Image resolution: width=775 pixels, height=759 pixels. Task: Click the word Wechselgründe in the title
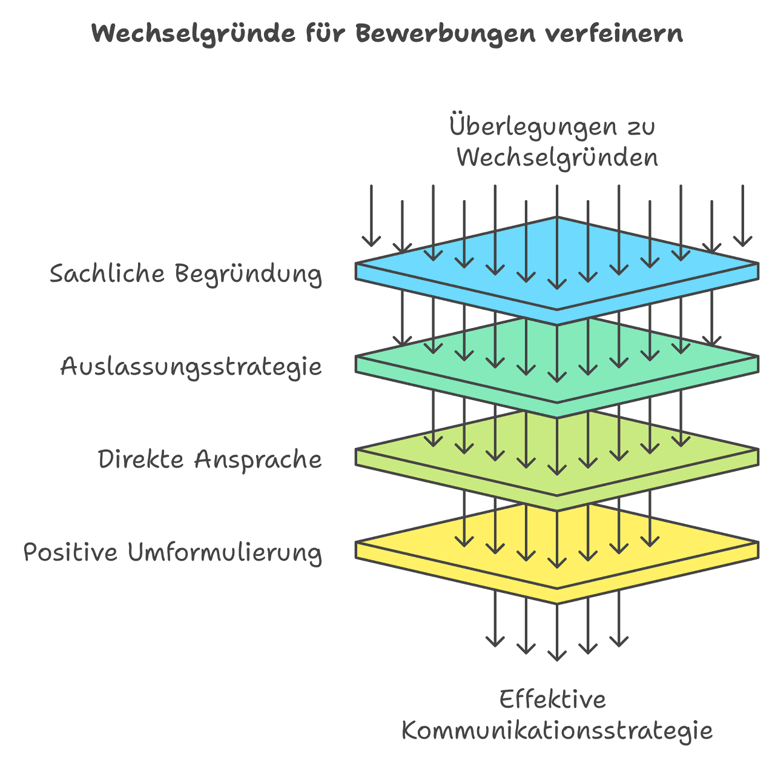tap(192, 34)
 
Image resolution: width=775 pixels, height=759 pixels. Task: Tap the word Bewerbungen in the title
tap(444, 34)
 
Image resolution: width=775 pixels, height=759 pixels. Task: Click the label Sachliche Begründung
tap(185, 274)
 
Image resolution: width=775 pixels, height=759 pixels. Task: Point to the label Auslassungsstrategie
tap(191, 367)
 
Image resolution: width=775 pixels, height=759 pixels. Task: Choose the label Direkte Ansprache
tap(209, 460)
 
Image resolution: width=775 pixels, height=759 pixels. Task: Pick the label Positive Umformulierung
tap(173, 553)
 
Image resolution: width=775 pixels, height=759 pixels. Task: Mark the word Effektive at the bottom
tap(552, 700)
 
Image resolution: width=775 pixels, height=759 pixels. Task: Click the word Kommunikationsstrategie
tap(557, 731)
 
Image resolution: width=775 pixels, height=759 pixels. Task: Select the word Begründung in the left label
tap(248, 274)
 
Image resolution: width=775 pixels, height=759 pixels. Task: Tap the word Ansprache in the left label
tap(258, 460)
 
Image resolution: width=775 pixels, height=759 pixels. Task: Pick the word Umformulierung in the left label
tap(225, 553)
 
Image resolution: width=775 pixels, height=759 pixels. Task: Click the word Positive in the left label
tap(70, 553)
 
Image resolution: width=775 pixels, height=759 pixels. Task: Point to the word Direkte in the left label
tap(140, 460)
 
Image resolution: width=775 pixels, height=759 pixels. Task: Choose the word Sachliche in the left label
tap(107, 274)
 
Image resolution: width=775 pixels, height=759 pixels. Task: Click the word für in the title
tap(327, 34)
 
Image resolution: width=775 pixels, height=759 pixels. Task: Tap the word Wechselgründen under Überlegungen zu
tap(557, 158)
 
